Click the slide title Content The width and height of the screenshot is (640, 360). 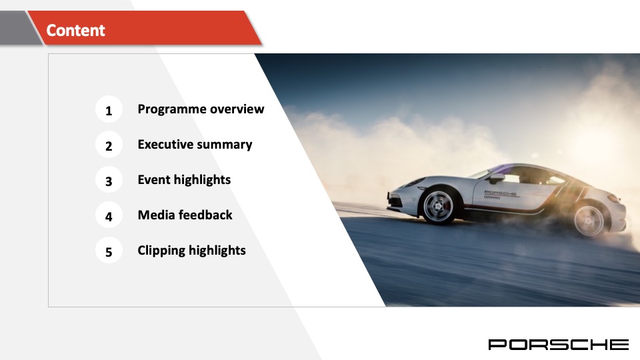[75, 30]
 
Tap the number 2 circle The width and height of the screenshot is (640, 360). [109, 145]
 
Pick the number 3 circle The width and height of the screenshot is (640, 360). [109, 181]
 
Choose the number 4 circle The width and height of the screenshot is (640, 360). [109, 216]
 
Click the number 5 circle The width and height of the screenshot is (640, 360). [109, 251]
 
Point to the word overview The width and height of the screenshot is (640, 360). [237, 109]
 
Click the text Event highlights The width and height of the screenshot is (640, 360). [184, 180]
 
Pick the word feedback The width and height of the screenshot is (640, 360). [205, 215]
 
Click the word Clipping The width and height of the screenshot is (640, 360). [161, 251]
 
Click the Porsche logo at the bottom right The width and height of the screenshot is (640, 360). [558, 344]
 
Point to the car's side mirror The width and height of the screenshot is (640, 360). [497, 178]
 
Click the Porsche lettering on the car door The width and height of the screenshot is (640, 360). [500, 193]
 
